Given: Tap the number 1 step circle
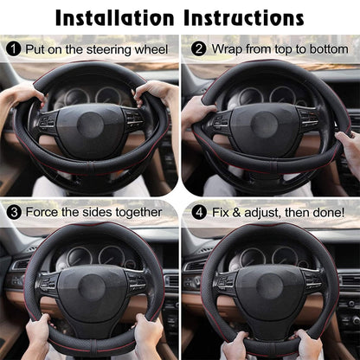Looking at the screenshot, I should [x=14, y=48].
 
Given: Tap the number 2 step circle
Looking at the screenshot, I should [x=198, y=48].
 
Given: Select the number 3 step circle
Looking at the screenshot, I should [x=14, y=211].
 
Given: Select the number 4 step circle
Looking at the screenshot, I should [x=198, y=211].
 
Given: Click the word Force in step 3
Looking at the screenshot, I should [x=44, y=212].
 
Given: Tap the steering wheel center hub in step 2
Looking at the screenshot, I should [x=264, y=123].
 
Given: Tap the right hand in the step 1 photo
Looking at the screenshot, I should [x=157, y=92].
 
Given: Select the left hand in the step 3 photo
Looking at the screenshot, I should [x=40, y=333].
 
